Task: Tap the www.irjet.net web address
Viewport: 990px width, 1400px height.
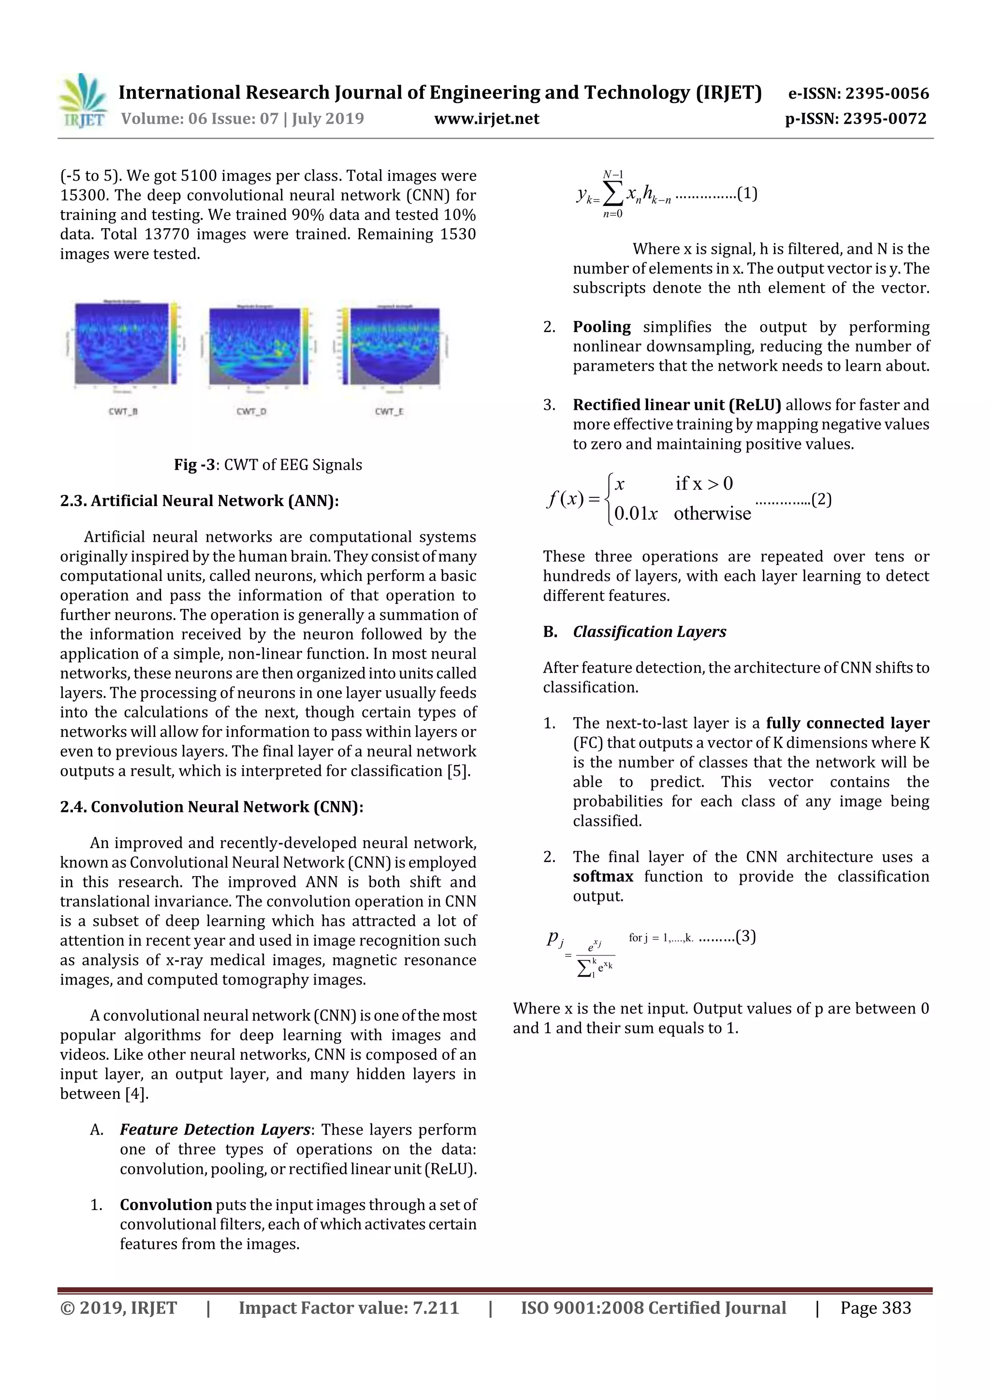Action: [x=486, y=118]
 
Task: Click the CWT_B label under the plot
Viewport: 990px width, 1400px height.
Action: [x=123, y=412]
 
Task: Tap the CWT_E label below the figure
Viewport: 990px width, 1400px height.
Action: [x=389, y=412]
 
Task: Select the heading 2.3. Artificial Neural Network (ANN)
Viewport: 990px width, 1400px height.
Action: [x=199, y=501]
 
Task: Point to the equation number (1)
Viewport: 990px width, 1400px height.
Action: [x=747, y=194]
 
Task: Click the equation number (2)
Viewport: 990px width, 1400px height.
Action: [x=821, y=499]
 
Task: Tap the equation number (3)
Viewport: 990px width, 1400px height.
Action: [x=745, y=936]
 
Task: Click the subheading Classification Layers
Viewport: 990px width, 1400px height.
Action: [x=649, y=632]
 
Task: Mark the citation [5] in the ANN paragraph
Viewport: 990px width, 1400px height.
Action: [x=458, y=771]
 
